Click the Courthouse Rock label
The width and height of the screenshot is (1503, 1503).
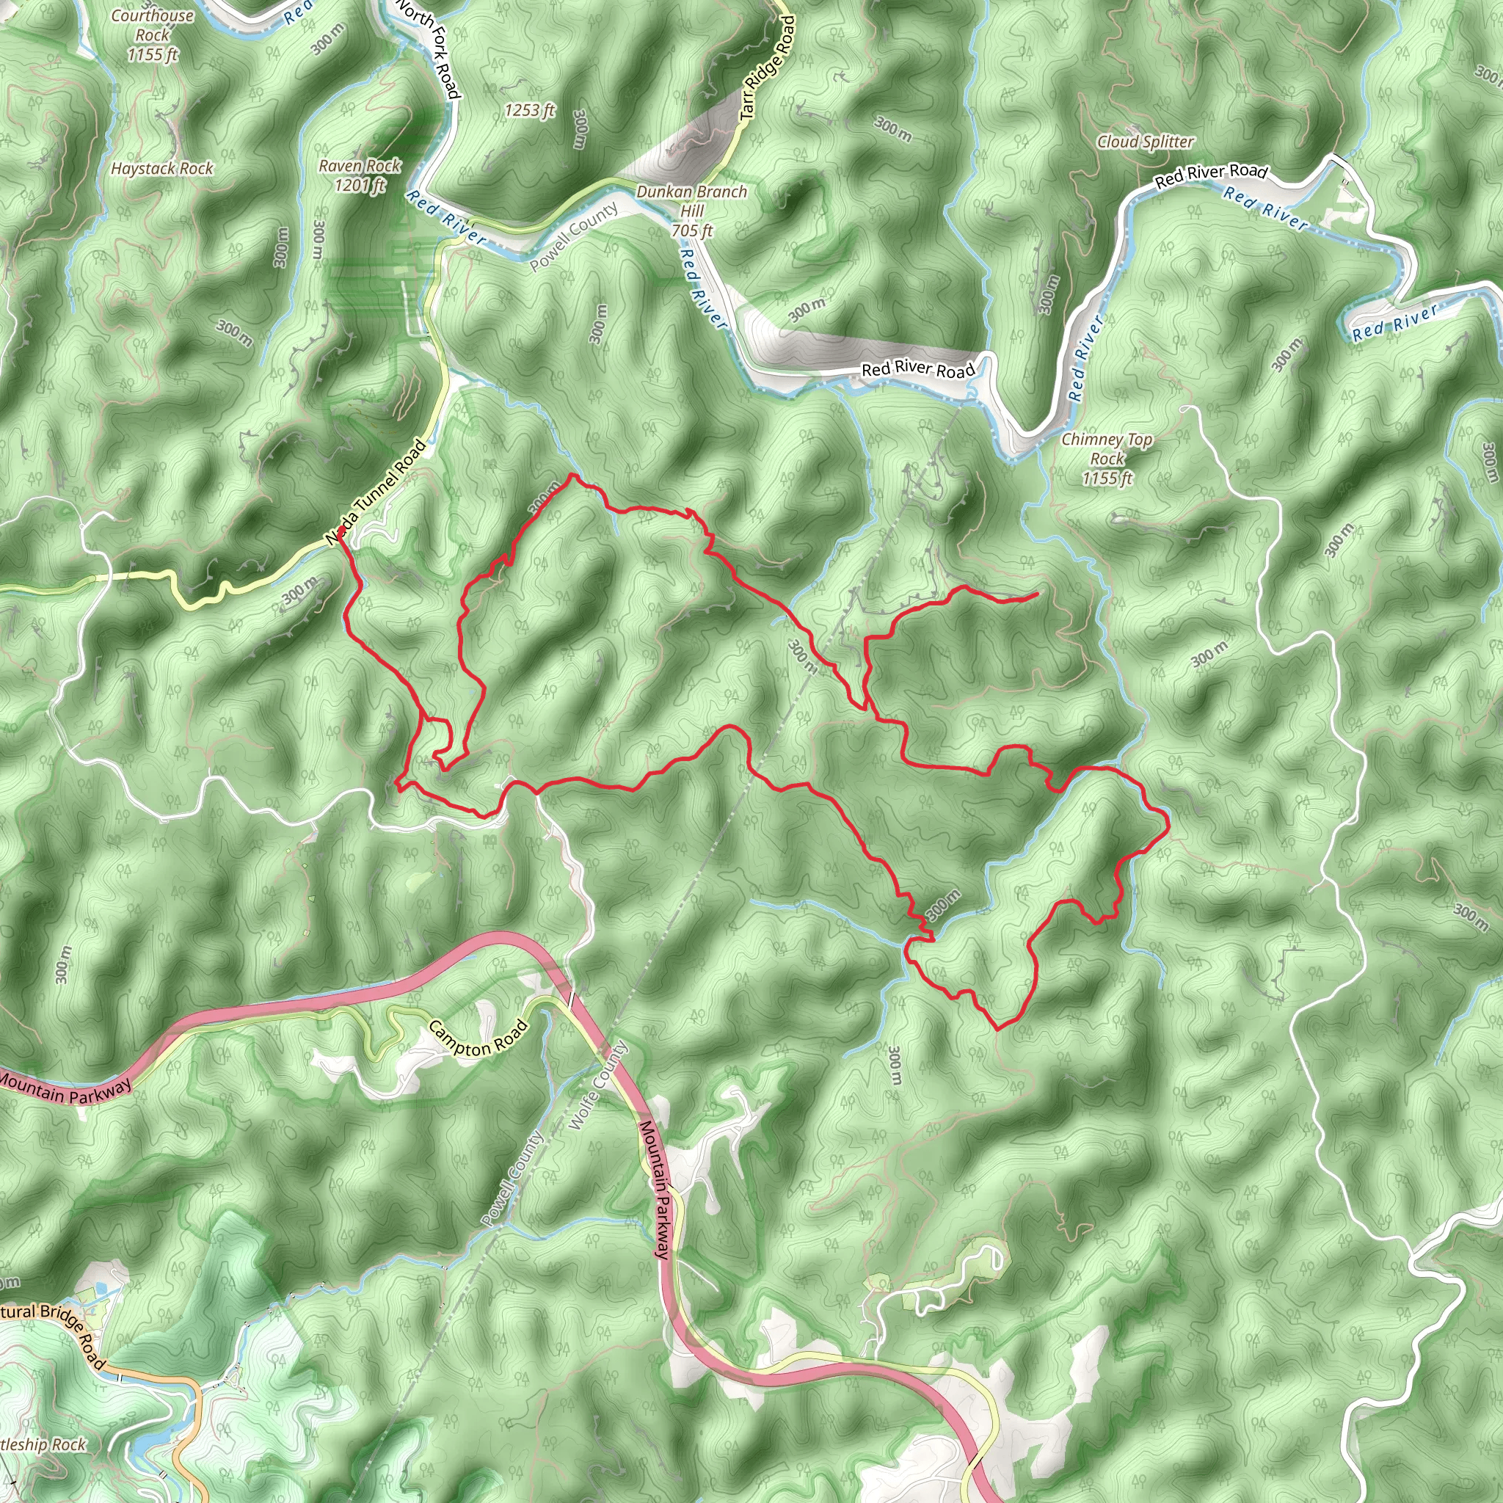[x=153, y=35]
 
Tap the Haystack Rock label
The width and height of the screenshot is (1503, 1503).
[x=161, y=169]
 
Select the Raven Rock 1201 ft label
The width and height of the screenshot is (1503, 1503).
[x=360, y=175]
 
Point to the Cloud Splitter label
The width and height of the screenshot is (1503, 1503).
[x=1145, y=142]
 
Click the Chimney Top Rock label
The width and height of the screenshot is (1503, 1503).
[x=1107, y=459]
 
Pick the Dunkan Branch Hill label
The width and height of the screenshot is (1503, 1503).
[x=691, y=211]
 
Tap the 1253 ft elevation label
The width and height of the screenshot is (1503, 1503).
[x=529, y=111]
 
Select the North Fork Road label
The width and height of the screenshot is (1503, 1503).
[x=428, y=48]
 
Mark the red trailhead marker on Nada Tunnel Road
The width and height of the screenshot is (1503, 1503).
[x=341, y=531]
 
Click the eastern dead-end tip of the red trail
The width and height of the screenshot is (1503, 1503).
[x=1038, y=594]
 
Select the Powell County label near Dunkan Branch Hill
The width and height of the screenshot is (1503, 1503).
[x=574, y=236]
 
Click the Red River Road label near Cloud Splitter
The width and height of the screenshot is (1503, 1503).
[x=1210, y=176]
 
